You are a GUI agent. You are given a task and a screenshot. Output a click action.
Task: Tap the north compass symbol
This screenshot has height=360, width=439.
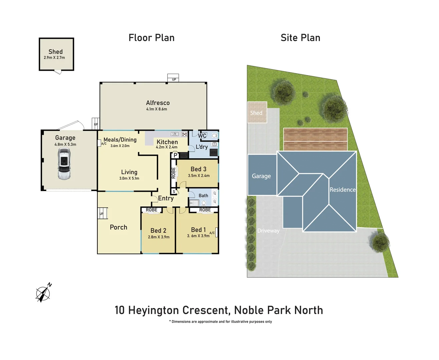coord(43,293)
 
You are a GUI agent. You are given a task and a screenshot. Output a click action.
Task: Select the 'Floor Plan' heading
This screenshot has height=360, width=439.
coord(151,38)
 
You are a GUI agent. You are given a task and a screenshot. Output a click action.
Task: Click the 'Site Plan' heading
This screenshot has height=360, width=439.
coord(300,38)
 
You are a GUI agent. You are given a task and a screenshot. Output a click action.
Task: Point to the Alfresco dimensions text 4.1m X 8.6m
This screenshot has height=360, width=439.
coord(156,109)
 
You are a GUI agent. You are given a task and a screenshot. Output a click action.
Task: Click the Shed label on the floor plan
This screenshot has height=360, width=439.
coord(55,52)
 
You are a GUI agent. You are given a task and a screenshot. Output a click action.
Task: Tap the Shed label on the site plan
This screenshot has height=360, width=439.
coord(256,113)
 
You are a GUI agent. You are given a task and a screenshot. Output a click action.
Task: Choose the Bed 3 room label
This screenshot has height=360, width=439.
coord(198,169)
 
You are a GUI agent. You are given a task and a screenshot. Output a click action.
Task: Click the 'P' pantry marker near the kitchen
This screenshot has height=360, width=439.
coord(175,155)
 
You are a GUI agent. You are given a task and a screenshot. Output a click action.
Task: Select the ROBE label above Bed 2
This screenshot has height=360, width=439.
coord(151,210)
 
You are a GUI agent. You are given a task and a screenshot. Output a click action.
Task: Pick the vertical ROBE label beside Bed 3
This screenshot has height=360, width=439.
coord(173,173)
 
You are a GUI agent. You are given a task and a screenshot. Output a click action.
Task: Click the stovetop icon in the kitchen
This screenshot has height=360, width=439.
coord(184,134)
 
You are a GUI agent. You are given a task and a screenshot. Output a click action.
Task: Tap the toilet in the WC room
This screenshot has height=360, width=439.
coord(214,136)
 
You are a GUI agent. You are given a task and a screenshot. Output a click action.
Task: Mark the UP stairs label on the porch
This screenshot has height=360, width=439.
coord(101,214)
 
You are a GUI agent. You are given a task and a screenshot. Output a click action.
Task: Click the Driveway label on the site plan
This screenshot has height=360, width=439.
coord(268,231)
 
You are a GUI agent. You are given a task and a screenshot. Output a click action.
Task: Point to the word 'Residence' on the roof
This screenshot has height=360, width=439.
coord(343,190)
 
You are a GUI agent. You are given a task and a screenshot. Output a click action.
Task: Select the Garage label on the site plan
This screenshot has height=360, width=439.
coord(261,176)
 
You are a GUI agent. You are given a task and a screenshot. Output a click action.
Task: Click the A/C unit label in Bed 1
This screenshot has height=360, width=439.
coord(212,233)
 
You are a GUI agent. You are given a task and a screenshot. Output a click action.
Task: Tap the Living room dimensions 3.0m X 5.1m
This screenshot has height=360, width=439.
coord(129,178)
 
